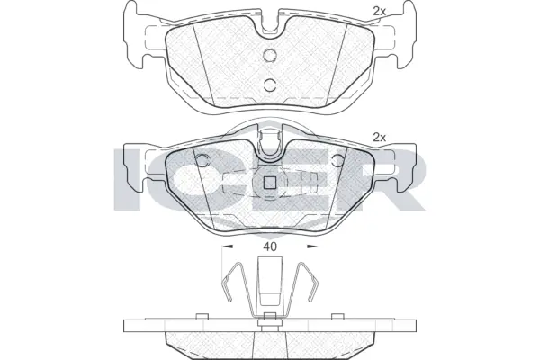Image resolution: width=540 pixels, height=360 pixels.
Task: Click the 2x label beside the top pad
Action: pyautogui.click(x=379, y=11)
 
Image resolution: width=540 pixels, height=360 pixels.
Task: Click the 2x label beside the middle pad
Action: pyautogui.click(x=379, y=138)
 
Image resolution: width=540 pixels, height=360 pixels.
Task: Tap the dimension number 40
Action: pyautogui.click(x=269, y=243)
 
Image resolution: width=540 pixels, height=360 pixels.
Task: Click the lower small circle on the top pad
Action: pyautogui.click(x=269, y=85)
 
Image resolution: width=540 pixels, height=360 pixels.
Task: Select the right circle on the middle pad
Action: pyautogui.click(x=337, y=162)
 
